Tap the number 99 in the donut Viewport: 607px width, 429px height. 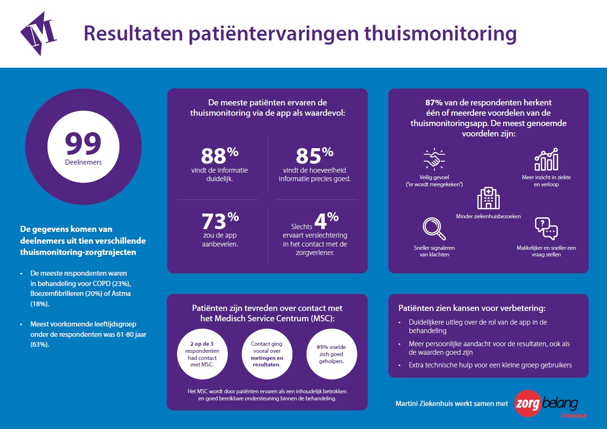click(83, 144)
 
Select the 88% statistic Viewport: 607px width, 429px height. click(220, 156)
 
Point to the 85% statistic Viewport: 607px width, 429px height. click(314, 156)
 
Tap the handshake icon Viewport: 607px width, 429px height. click(434, 159)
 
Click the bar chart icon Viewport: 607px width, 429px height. click(546, 159)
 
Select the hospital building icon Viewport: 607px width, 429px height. click(488, 198)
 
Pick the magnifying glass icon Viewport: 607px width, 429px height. click(434, 229)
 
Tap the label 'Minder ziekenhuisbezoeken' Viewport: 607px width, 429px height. click(488, 216)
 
